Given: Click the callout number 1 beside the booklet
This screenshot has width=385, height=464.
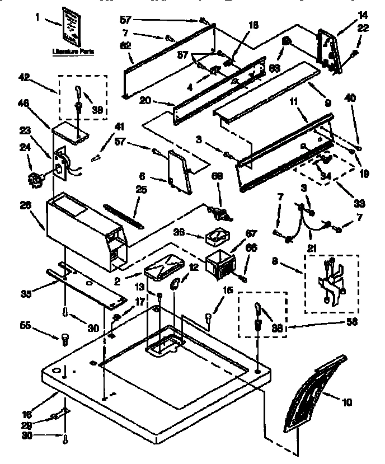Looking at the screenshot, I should (x=38, y=18).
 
